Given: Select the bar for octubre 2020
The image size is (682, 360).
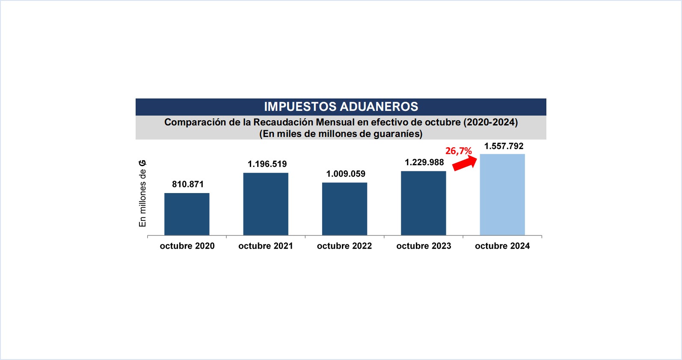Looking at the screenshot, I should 187,214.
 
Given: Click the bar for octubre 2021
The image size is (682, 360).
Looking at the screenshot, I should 266,204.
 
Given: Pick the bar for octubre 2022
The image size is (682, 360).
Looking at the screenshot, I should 344,209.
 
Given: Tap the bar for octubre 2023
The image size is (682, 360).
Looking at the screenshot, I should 423,203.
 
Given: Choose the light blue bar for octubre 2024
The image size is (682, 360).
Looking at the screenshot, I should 502,194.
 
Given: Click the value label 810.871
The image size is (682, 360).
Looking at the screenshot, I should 188,184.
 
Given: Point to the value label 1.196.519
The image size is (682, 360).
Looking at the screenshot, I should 267,164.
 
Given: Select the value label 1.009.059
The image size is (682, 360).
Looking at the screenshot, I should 346,174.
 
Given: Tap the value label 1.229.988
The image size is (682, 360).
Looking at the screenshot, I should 424,162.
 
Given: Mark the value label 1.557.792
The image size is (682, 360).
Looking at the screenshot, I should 504,146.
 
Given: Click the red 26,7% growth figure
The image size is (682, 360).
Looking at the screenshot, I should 458,151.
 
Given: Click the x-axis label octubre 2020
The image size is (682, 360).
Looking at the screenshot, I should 187,246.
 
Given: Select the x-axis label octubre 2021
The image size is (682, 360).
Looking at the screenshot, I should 266,246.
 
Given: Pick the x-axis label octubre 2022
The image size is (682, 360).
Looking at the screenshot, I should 344,246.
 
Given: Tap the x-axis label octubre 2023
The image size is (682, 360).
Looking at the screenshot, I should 424,246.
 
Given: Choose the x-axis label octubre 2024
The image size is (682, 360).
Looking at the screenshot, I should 502,246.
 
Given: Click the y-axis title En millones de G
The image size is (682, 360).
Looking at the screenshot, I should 142,193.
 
